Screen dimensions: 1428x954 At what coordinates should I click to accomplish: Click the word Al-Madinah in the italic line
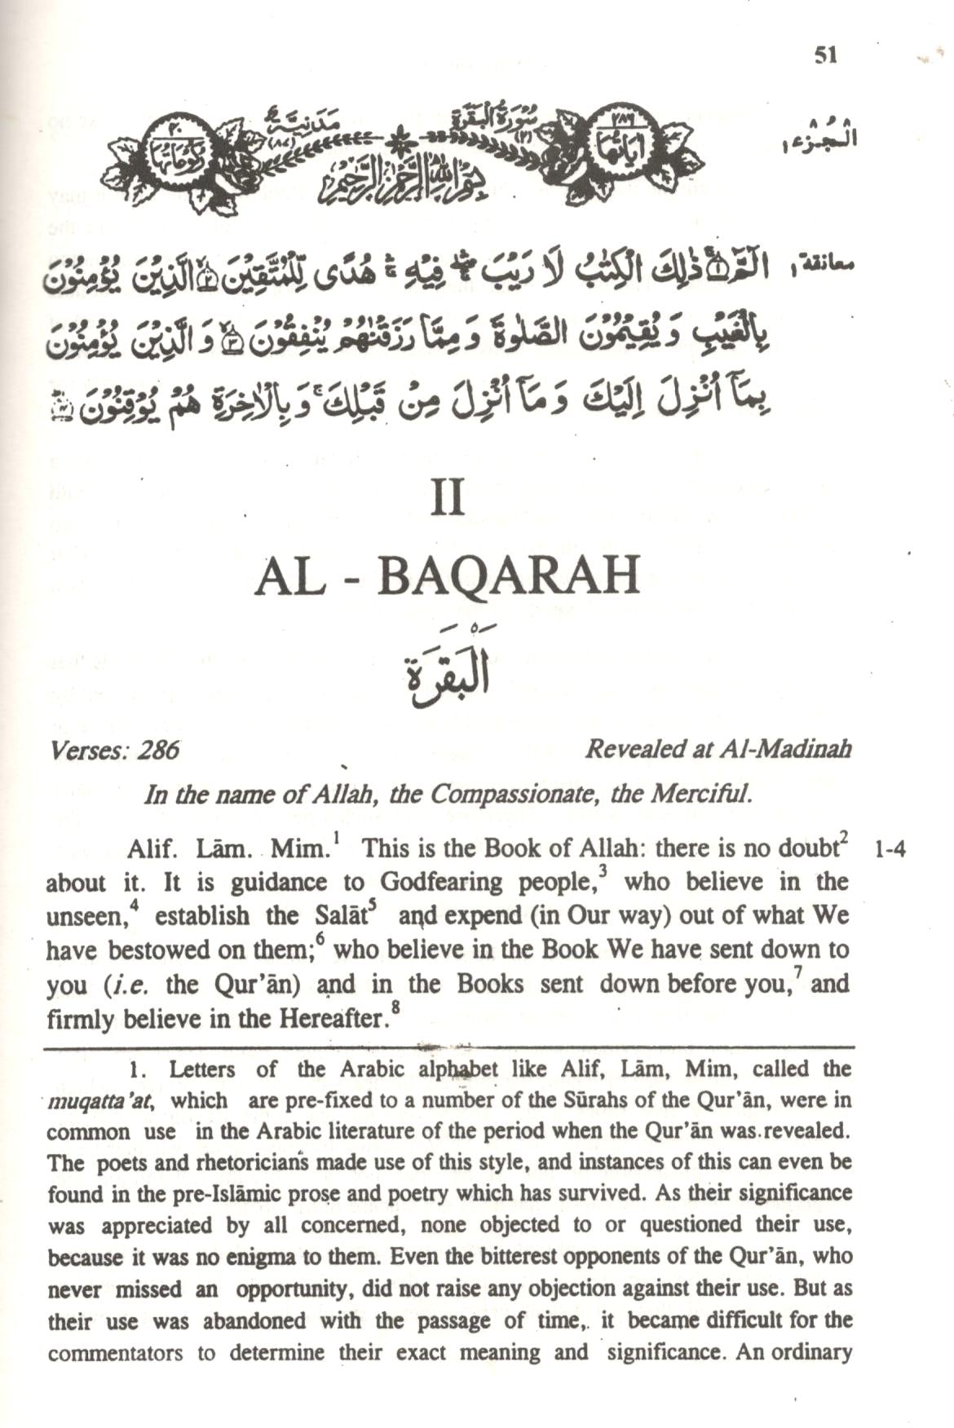click(x=787, y=750)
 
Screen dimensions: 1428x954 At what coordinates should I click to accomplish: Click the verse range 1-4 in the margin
click(x=889, y=851)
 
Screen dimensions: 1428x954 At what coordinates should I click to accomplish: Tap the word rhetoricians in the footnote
click(x=215, y=1163)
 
